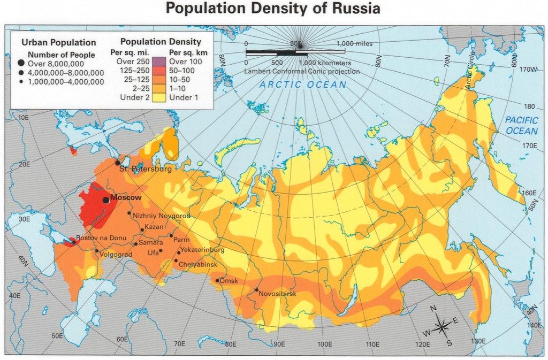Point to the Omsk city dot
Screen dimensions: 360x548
pyautogui.click(x=217, y=280)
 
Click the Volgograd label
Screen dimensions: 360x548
pyautogui.click(x=116, y=255)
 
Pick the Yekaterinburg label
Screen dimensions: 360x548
pyautogui.click(x=202, y=250)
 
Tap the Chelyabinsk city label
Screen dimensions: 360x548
pyautogui.click(x=198, y=265)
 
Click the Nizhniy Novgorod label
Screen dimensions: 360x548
pyautogui.click(x=161, y=215)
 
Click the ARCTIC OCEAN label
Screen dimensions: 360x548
pyautogui.click(x=303, y=85)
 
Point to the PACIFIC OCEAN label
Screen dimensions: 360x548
pyautogui.click(x=521, y=126)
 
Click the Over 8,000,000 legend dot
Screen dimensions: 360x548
pyautogui.click(x=21, y=63)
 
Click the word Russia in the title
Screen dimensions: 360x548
pyautogui.click(x=354, y=9)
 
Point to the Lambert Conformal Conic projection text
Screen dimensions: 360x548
pyautogui.click(x=302, y=71)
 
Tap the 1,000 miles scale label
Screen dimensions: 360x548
pyautogui.click(x=354, y=44)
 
